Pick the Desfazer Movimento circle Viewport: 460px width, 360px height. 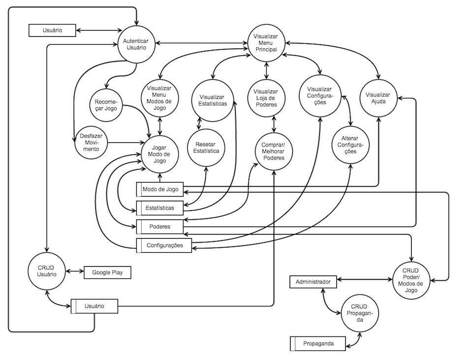pyautogui.click(x=90, y=143)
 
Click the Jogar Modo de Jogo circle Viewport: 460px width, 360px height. pyautogui.click(x=159, y=154)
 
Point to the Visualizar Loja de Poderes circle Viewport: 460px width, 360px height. pyautogui.click(x=266, y=98)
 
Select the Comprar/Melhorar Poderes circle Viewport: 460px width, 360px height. pyautogui.click(x=273, y=150)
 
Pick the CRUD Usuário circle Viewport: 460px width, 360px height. pyautogui.click(x=47, y=270)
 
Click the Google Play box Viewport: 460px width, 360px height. pyautogui.click(x=108, y=272)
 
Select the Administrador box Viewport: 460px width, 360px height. pyautogui.click(x=313, y=282)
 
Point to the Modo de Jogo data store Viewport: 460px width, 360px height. pyautogui.click(x=160, y=189)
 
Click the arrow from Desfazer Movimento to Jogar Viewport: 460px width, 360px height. pyautogui.click(x=123, y=143)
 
